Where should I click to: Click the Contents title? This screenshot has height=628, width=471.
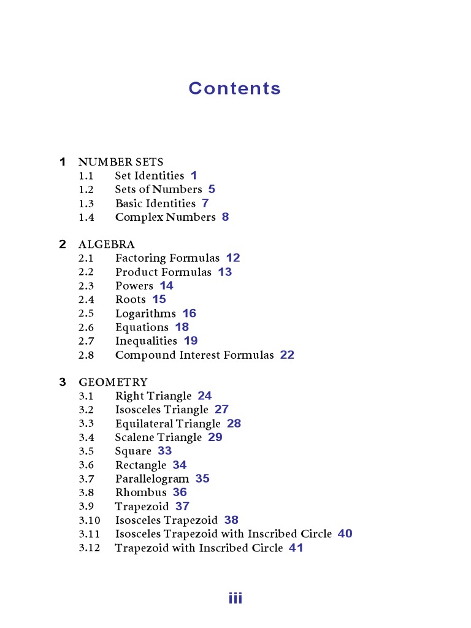click(x=234, y=88)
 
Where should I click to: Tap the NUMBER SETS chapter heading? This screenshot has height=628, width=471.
click(x=121, y=162)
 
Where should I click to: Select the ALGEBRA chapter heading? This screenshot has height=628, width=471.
click(x=107, y=244)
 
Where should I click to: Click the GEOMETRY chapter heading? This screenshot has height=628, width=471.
click(x=113, y=382)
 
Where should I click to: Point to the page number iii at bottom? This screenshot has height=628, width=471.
click(x=235, y=599)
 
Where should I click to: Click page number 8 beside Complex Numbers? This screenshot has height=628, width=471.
click(x=225, y=217)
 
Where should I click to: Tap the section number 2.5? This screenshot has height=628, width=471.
click(x=86, y=313)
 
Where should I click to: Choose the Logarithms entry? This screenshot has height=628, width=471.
click(x=145, y=313)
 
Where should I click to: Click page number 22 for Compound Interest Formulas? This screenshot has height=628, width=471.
click(x=287, y=355)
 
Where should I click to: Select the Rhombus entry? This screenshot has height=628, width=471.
click(x=140, y=492)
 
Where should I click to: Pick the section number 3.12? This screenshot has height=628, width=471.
click(x=89, y=548)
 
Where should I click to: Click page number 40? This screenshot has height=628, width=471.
click(x=345, y=534)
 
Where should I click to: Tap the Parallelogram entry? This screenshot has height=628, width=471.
click(x=152, y=479)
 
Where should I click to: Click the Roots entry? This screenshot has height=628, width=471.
click(x=131, y=300)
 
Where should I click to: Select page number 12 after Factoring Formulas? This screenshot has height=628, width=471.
click(x=233, y=258)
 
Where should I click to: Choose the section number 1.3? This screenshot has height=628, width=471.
click(x=86, y=203)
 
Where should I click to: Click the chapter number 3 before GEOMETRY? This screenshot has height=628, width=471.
click(x=63, y=382)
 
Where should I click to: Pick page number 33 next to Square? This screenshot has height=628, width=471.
click(x=164, y=451)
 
